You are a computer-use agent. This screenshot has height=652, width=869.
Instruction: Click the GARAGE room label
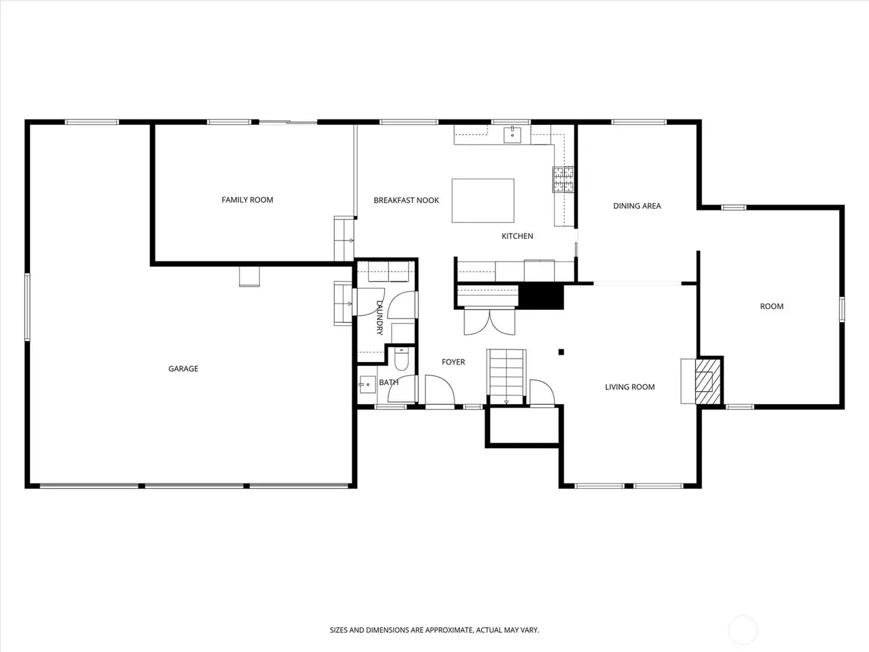click(x=183, y=369)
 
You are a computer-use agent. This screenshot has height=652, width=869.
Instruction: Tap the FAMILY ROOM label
click(x=247, y=200)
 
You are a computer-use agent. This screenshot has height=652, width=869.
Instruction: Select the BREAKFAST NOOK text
click(x=406, y=200)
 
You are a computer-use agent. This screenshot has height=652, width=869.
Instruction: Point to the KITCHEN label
click(x=517, y=236)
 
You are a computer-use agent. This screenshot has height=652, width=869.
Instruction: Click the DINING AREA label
click(x=637, y=206)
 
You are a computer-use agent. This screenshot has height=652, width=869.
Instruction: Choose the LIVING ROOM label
click(x=630, y=386)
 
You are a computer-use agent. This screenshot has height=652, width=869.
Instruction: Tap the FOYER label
click(x=454, y=362)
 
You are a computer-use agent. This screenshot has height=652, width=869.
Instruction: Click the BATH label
click(x=389, y=382)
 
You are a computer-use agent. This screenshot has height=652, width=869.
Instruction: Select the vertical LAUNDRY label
click(x=380, y=318)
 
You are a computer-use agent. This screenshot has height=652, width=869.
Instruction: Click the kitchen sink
click(x=513, y=134)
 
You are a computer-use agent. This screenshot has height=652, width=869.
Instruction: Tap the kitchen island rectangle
click(x=483, y=200)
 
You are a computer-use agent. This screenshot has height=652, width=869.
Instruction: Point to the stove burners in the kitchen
click(x=563, y=179)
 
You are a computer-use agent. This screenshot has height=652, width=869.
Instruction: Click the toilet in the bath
click(x=401, y=359)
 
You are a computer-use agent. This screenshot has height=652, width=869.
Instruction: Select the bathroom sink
click(x=367, y=384)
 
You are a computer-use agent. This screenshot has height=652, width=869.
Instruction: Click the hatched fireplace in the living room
click(x=708, y=381)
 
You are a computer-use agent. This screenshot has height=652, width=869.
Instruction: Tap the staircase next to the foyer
click(x=506, y=376)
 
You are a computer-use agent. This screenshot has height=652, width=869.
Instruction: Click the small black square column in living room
click(x=561, y=352)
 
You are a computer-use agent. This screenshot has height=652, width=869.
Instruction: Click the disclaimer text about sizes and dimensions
click(x=434, y=630)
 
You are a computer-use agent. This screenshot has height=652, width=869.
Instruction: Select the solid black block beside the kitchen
click(x=541, y=296)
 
